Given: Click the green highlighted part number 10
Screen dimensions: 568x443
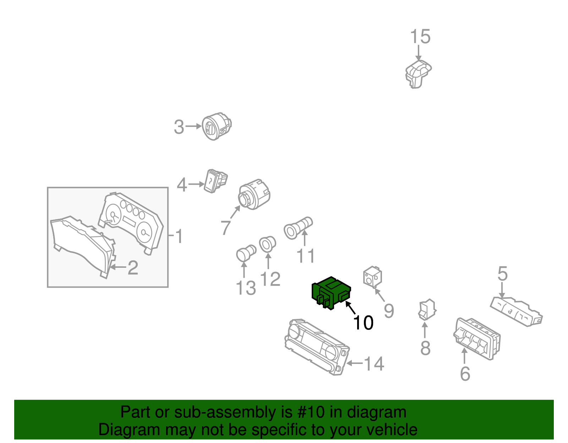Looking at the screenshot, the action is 331,293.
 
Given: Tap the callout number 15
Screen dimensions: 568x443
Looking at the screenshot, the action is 420,37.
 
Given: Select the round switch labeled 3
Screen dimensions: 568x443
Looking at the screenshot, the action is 217,127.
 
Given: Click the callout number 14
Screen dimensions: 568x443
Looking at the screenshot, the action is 374,364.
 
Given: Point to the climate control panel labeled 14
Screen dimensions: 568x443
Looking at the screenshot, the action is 317,347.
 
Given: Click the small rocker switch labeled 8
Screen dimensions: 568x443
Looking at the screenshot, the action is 427,310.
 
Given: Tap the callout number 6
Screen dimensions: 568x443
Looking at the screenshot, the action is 465,374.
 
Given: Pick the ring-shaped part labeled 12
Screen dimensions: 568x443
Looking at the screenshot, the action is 267,244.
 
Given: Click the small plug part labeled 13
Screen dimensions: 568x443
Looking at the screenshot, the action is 246,253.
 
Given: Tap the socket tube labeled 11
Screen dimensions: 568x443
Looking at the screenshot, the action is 298,228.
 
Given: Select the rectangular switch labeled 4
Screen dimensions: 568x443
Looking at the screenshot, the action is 215,181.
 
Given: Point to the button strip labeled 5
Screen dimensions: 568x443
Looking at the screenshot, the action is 516,312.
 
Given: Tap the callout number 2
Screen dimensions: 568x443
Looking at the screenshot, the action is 133,267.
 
